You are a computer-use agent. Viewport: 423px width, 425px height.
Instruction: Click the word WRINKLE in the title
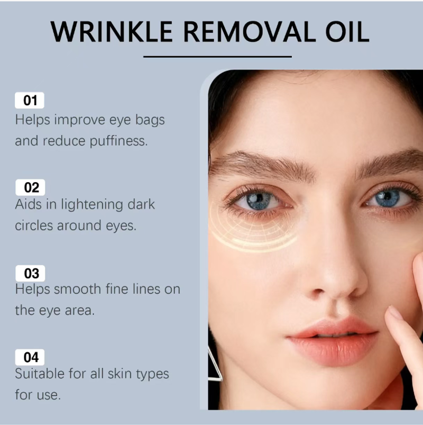click(112, 32)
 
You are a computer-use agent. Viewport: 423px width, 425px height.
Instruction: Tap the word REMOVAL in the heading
click(249, 32)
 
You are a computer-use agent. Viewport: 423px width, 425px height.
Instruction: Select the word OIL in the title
click(347, 32)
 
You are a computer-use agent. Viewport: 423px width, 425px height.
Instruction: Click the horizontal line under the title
click(217, 57)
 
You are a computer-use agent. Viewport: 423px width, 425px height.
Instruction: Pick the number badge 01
click(30, 100)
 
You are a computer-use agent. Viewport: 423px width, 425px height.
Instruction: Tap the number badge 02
click(30, 187)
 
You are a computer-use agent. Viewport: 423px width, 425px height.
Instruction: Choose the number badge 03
click(30, 273)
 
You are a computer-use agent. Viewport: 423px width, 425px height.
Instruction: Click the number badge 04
click(30, 357)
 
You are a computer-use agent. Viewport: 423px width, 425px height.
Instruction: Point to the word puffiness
click(118, 141)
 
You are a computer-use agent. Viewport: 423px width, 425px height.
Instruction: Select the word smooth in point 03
click(77, 289)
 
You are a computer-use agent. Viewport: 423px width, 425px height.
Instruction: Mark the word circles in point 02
click(34, 225)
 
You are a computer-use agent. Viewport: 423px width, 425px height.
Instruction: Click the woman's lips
click(333, 341)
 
